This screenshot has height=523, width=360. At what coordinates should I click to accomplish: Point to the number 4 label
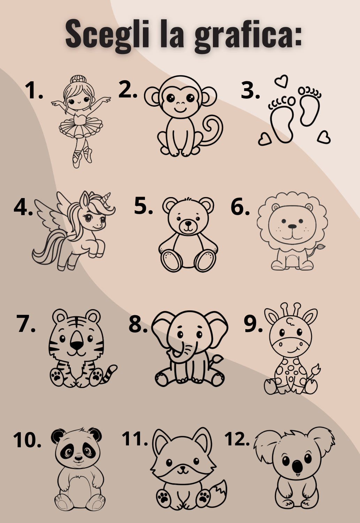(23, 207)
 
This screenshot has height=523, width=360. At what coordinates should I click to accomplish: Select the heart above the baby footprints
(281, 81)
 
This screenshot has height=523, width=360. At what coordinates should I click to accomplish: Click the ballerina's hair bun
(78, 79)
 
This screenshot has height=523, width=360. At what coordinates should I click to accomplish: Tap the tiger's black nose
(77, 344)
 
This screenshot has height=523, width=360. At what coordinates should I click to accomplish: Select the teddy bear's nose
(188, 223)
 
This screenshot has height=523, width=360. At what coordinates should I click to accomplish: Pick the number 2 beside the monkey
(128, 89)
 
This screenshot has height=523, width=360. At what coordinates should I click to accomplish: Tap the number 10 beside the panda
(27, 439)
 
